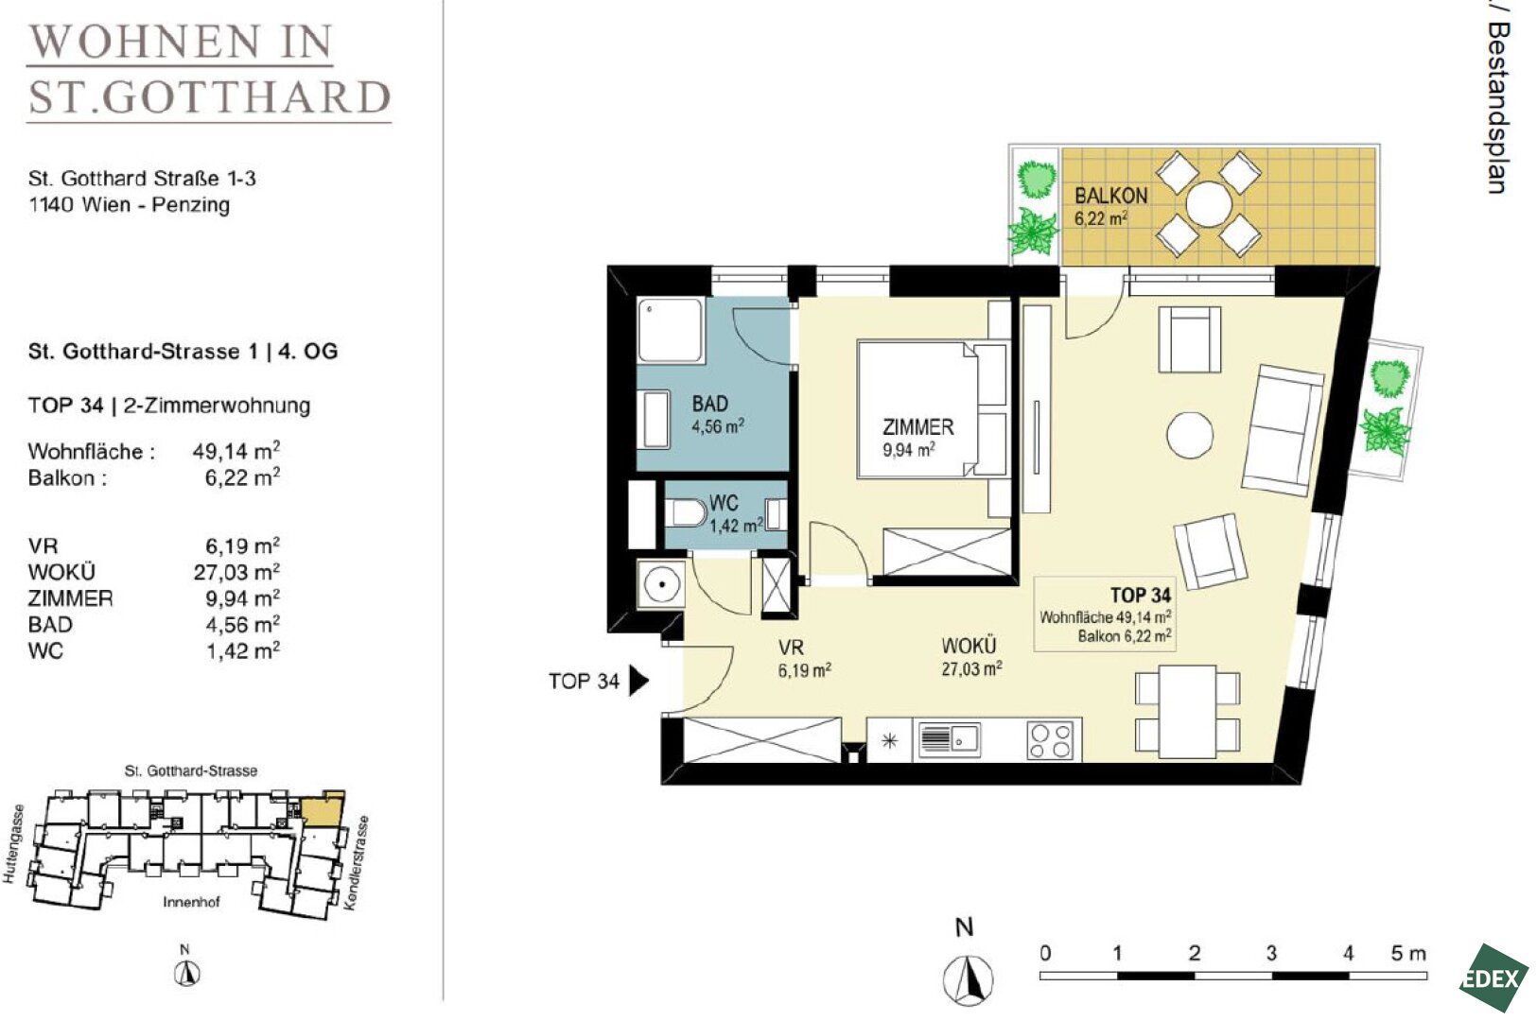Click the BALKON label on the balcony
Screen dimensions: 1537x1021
[1110, 196]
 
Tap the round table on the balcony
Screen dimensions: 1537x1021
[1209, 204]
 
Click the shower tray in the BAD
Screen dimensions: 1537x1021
[671, 330]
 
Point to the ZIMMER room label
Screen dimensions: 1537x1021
[917, 427]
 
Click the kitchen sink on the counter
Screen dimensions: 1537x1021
[949, 738]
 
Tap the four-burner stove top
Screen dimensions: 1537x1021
[1050, 740]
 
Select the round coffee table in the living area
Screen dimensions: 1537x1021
[1190, 435]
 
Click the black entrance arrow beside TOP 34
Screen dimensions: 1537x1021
[638, 681]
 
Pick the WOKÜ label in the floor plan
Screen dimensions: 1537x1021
[969, 646]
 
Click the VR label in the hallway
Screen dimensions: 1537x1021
[791, 648]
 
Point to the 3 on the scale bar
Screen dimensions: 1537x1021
[1271, 953]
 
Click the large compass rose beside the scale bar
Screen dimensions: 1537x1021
[968, 979]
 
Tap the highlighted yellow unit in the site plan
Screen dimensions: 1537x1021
[323, 810]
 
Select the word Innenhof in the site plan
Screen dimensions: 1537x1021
[191, 902]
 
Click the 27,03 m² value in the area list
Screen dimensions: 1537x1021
[236, 572]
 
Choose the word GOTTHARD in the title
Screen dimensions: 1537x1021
[246, 97]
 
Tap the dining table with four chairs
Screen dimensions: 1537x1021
[1188, 712]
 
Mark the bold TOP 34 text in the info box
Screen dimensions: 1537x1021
[1141, 596]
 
